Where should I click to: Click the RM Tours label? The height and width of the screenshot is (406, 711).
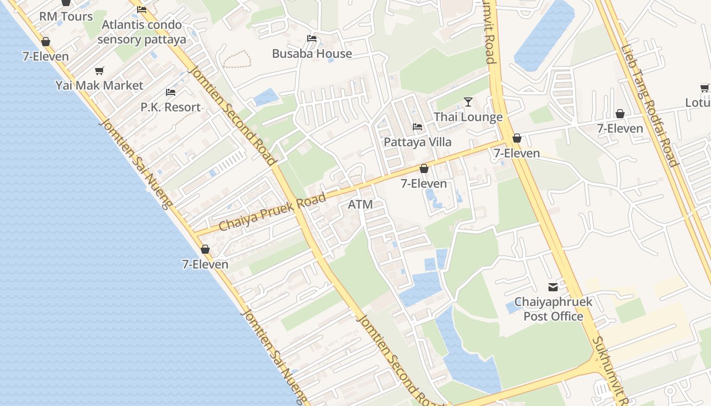[x=66, y=17]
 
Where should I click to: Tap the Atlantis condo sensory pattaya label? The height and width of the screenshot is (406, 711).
[x=142, y=32]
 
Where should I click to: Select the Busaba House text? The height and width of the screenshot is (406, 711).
[x=312, y=54]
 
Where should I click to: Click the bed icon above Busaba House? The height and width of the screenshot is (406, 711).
[x=312, y=39]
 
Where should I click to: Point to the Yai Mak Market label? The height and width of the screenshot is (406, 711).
[x=100, y=85]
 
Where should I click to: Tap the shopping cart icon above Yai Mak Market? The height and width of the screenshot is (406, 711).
[x=100, y=71]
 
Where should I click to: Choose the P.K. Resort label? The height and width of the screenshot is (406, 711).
[x=171, y=107]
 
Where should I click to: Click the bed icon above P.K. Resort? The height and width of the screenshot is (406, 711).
[x=171, y=92]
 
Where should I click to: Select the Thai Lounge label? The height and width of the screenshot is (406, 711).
[x=468, y=117]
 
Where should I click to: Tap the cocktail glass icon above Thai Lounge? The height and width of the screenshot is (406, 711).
[x=468, y=102]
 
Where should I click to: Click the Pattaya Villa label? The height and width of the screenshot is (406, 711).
[x=417, y=142]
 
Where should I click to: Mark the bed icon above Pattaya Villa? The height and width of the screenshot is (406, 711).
[x=417, y=127]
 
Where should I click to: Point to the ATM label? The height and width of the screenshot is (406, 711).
[x=361, y=205]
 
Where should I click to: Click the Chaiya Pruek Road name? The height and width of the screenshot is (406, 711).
[x=272, y=212]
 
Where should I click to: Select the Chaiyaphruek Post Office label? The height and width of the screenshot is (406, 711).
[x=553, y=309]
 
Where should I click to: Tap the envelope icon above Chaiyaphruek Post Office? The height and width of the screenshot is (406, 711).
[x=553, y=287]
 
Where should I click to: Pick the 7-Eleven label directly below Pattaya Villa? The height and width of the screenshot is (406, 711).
[x=424, y=183]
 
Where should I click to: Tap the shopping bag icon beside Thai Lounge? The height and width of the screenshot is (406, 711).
[x=517, y=138]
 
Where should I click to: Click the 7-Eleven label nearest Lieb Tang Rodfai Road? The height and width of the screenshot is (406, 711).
[x=620, y=128]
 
